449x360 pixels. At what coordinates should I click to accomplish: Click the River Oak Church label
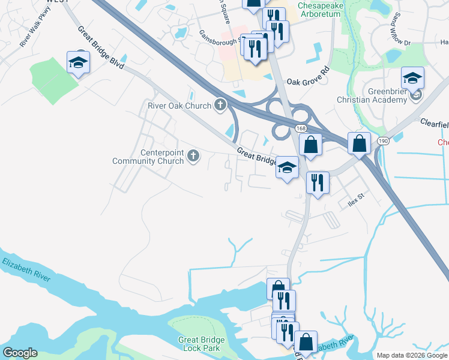(x=179, y=106)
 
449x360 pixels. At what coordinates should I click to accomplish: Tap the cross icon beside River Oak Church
(x=220, y=106)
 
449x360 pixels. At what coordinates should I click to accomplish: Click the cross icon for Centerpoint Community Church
(x=193, y=157)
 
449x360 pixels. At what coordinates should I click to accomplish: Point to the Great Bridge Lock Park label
(x=202, y=344)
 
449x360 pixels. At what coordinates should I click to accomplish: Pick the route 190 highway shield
(x=382, y=140)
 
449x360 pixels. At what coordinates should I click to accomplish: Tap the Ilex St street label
(x=357, y=199)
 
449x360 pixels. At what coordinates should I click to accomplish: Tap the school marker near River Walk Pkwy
(x=78, y=63)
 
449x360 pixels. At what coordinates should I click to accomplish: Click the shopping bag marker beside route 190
(x=359, y=144)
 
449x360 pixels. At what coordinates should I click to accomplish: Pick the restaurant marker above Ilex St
(x=318, y=181)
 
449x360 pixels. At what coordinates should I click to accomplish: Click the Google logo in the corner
(x=20, y=353)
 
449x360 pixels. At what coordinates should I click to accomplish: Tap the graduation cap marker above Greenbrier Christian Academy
(x=412, y=77)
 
